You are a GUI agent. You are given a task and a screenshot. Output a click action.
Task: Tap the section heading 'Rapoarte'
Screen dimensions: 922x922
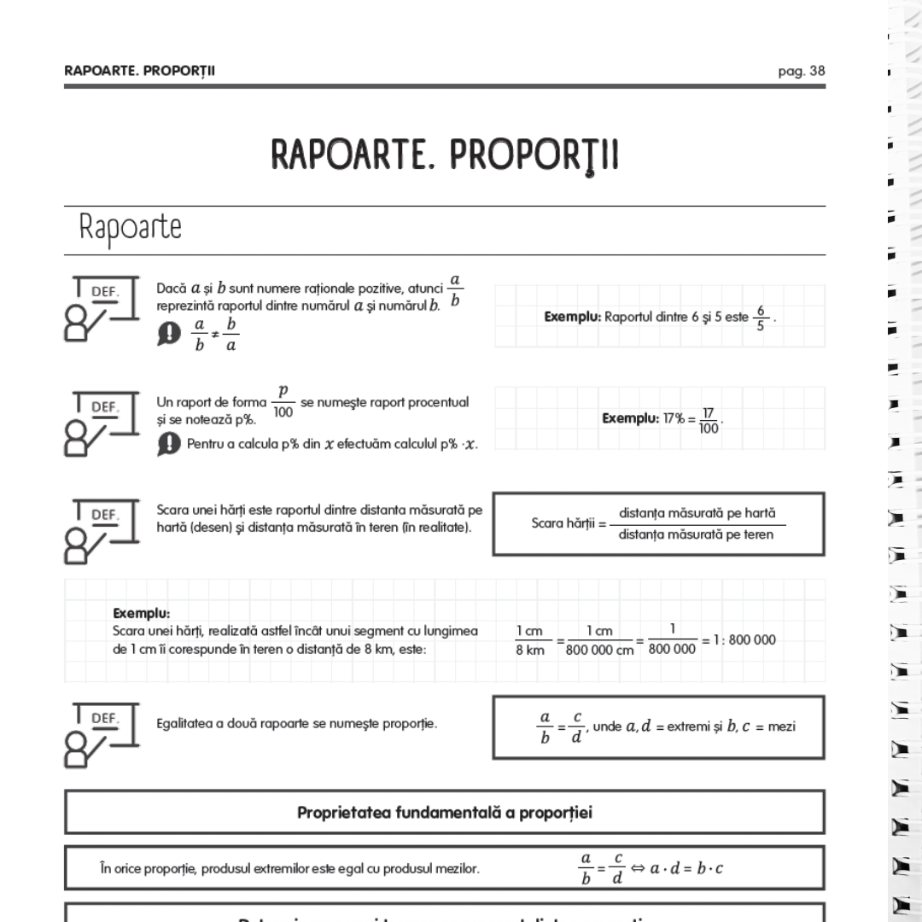[x=130, y=229]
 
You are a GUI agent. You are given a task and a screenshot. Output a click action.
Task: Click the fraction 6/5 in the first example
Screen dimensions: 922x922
[x=762, y=318]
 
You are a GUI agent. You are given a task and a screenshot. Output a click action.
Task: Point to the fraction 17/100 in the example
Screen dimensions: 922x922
[x=708, y=420]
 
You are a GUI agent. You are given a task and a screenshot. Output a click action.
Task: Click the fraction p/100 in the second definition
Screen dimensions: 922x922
[x=282, y=401]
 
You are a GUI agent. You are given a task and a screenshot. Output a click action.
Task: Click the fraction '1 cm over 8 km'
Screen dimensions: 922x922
[x=529, y=640]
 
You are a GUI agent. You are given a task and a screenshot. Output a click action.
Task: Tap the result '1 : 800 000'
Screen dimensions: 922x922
[x=739, y=639]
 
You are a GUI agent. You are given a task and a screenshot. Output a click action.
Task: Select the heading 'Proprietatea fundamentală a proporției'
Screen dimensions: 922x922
[x=444, y=812]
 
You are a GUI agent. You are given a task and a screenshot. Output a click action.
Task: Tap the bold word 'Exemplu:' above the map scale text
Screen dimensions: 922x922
[x=142, y=613]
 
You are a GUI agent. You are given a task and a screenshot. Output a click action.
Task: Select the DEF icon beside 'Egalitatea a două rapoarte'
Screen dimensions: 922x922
[x=102, y=732]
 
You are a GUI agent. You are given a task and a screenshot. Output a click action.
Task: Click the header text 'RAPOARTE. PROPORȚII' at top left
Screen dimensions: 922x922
[x=139, y=71]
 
